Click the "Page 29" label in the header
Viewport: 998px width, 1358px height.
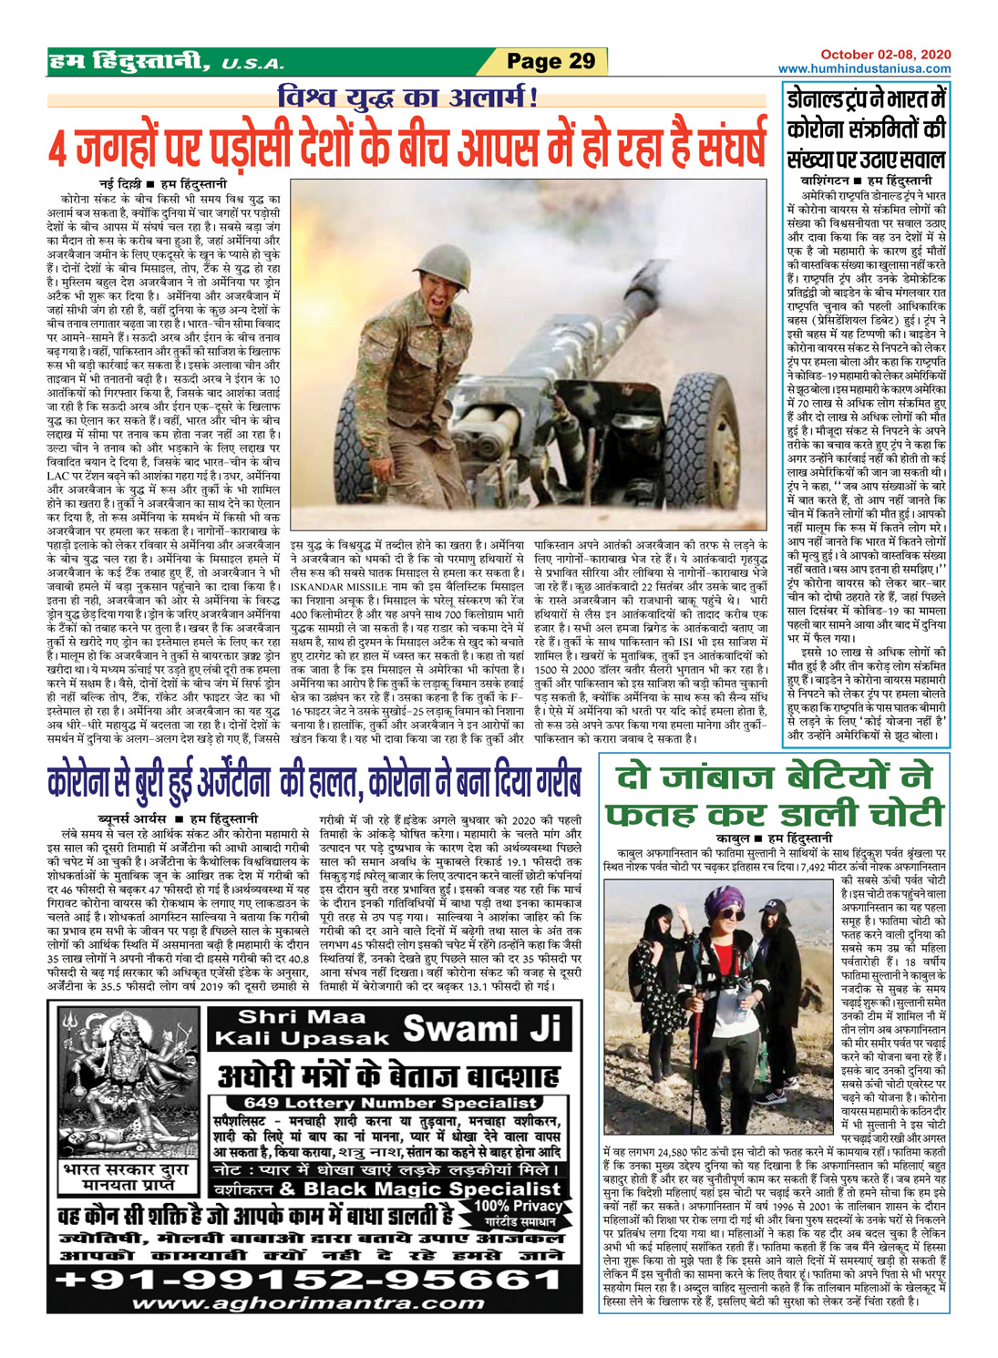click(550, 61)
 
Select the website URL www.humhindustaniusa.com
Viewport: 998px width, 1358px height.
click(864, 68)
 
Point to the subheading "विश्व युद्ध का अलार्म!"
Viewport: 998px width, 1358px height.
click(407, 97)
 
